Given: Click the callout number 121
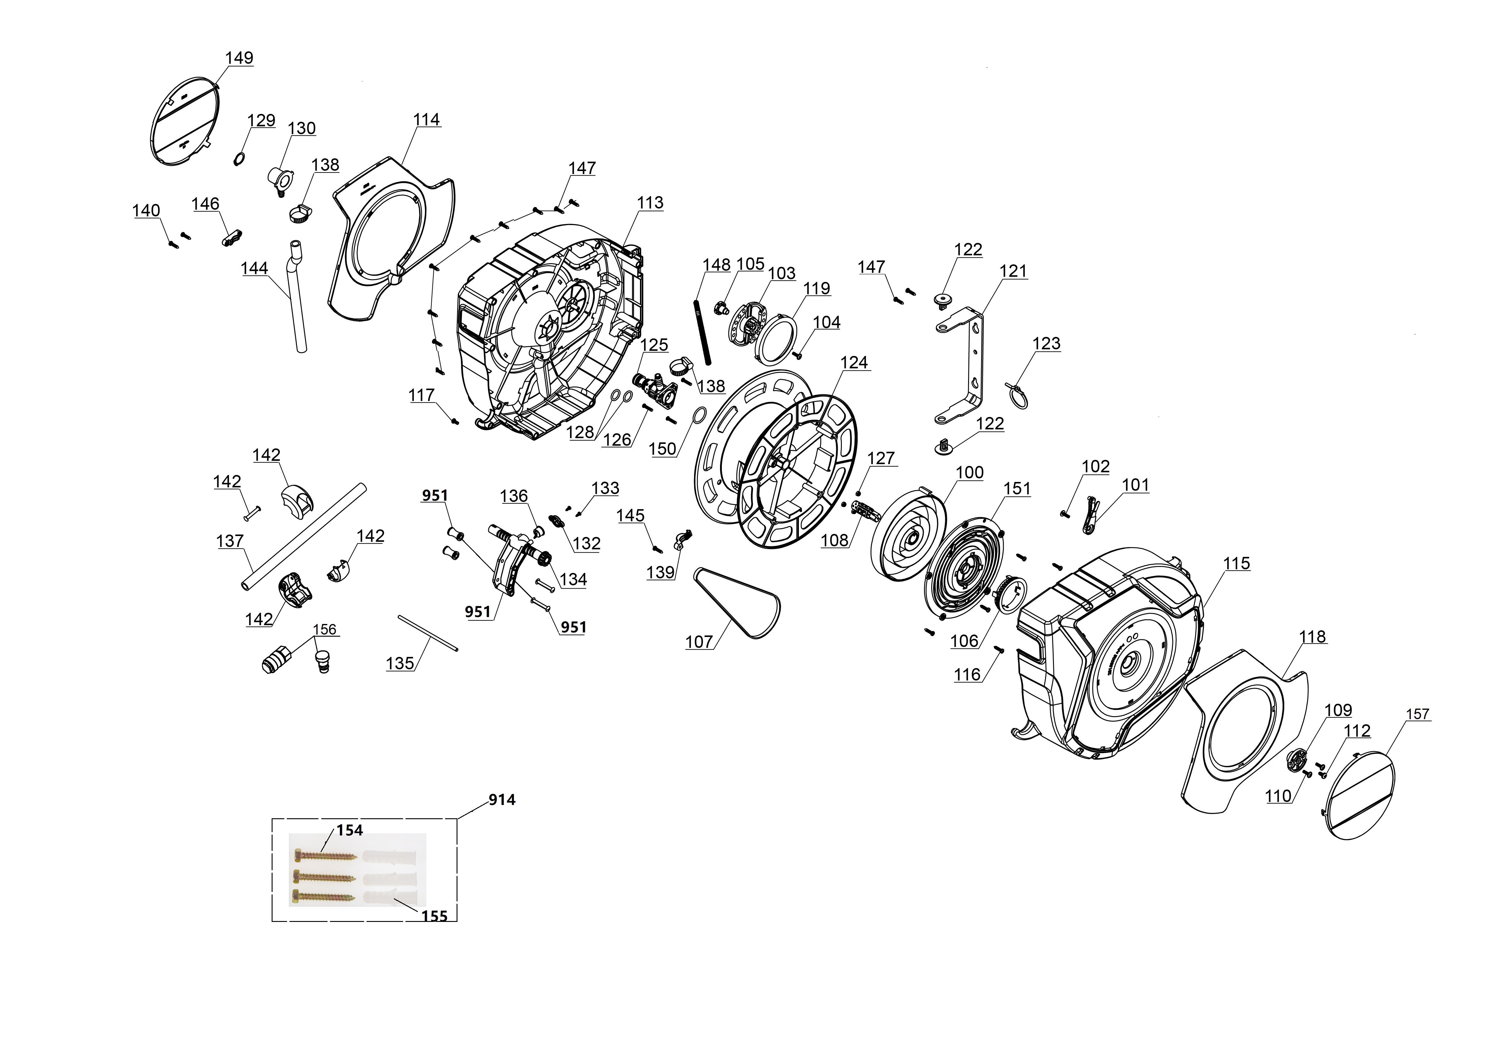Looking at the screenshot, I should pos(1013,272).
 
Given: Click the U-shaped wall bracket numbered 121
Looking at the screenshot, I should pos(973,366).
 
